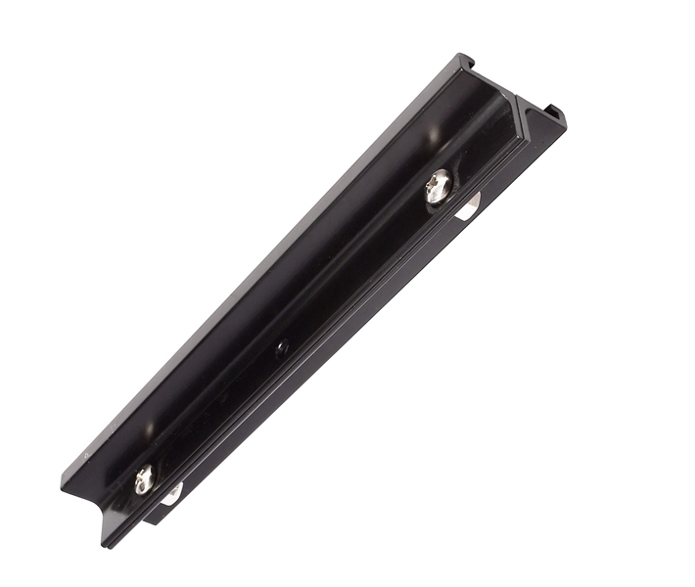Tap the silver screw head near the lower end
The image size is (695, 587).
coord(145,478)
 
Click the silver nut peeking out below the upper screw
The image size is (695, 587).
coord(468,206)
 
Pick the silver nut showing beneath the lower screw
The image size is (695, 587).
coord(172,494)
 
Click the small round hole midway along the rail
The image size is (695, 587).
coord(282,346)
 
